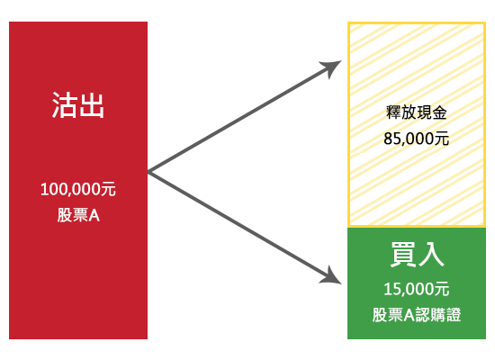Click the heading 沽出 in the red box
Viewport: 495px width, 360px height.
point(78,105)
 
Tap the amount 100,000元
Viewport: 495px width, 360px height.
point(78,189)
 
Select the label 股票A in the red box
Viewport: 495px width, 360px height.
point(78,215)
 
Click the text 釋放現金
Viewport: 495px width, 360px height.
point(417,112)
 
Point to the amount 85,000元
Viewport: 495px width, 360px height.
point(417,139)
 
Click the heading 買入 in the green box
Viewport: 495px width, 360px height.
point(417,255)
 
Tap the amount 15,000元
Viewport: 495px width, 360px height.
point(417,289)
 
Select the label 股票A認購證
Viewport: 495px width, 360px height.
point(417,315)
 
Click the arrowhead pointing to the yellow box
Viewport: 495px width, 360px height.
point(332,67)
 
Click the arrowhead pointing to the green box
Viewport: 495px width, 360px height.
point(332,276)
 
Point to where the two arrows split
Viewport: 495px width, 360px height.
point(148,172)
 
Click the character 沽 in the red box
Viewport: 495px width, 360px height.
point(65,105)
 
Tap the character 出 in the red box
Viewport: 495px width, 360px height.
point(92,105)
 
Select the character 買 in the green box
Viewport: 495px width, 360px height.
point(403,255)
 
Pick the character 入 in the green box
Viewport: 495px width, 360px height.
point(431,255)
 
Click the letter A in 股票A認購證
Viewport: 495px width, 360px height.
point(409,315)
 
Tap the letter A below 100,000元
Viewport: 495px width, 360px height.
point(94,216)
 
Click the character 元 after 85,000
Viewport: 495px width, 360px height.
point(442,139)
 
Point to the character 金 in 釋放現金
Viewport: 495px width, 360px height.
point(440,112)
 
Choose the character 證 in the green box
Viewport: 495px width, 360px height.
point(454,315)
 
